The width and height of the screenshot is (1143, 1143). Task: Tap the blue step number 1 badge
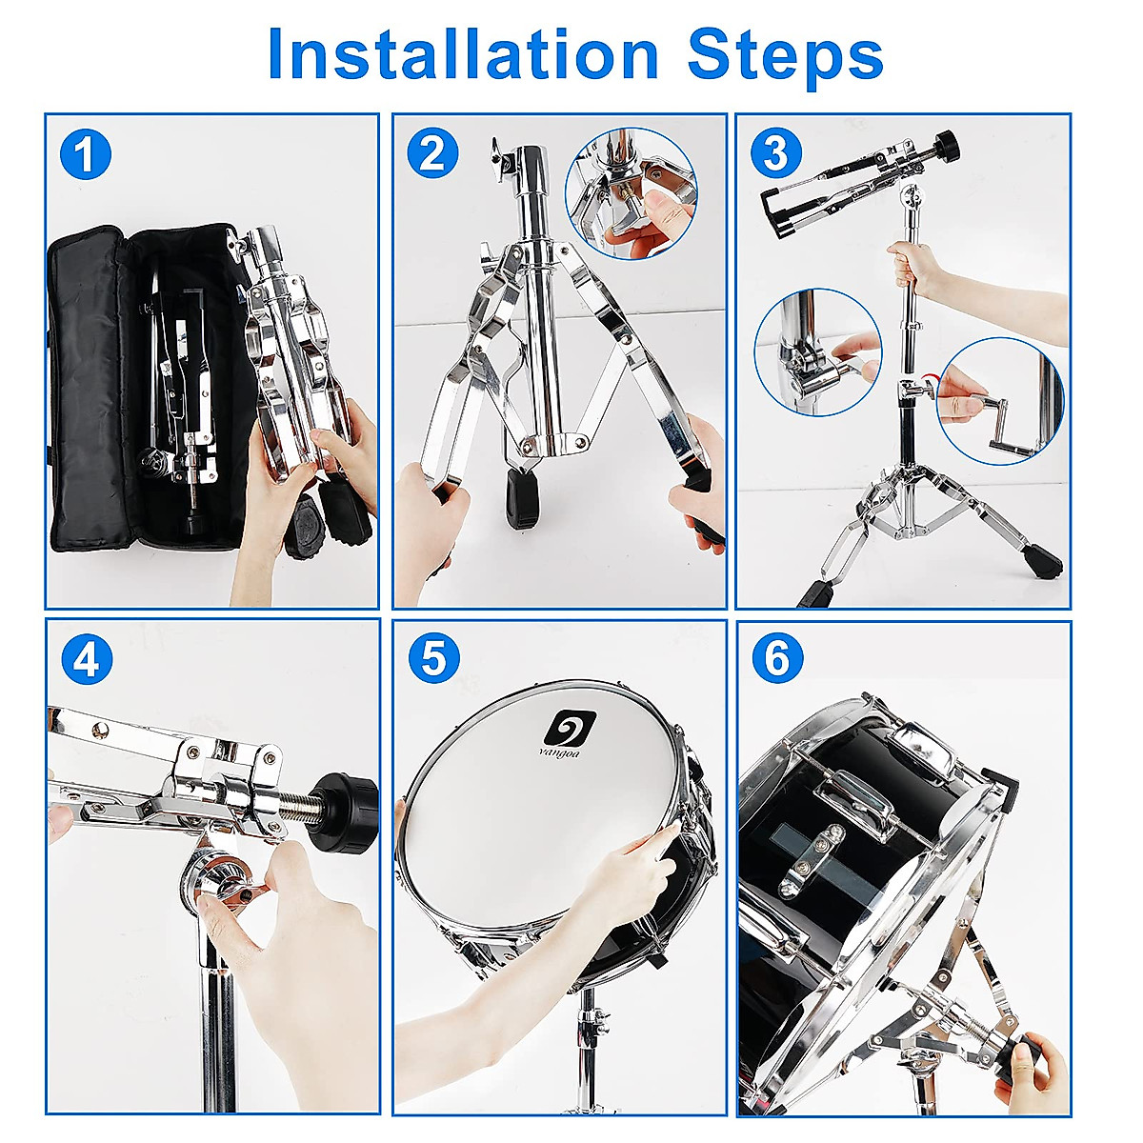(x=86, y=155)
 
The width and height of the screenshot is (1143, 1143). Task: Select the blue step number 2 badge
(x=432, y=153)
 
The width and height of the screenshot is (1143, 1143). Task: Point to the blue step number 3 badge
(x=776, y=153)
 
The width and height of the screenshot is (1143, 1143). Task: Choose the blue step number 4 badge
(x=86, y=659)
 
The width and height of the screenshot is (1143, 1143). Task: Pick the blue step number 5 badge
(x=433, y=658)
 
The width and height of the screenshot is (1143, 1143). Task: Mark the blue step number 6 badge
(x=777, y=658)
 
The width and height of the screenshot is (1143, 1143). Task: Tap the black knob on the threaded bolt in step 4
(x=347, y=806)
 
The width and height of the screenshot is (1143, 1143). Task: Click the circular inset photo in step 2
(x=632, y=193)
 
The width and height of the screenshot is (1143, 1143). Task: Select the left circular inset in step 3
(x=818, y=353)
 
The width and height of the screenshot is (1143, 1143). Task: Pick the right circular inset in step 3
(x=1000, y=401)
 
